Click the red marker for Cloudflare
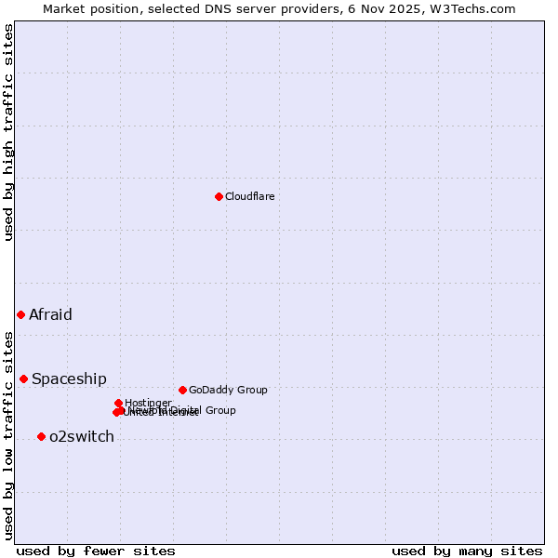click(219, 196)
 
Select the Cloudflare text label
click(250, 196)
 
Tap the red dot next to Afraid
click(20, 314)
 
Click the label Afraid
click(50, 314)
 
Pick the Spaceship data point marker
click(23, 379)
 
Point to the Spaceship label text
click(69, 379)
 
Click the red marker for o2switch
click(41, 436)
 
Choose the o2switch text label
click(82, 436)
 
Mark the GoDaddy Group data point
click(182, 390)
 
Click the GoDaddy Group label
click(228, 390)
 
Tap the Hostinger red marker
click(118, 403)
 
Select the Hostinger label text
click(148, 403)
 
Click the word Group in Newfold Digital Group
click(220, 410)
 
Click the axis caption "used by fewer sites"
click(96, 551)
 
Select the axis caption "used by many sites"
click(467, 551)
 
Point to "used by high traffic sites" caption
click(9, 132)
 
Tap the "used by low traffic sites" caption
click(9, 434)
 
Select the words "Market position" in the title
click(85, 8)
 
